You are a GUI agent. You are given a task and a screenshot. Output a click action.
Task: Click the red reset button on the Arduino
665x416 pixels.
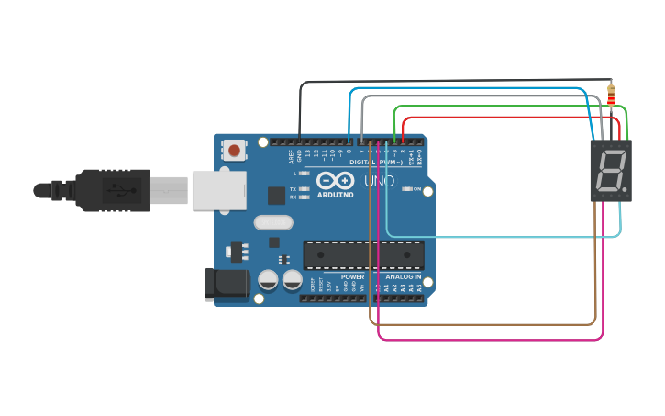tap(235, 150)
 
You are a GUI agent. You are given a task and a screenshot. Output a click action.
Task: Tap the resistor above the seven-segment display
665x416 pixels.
tap(612, 94)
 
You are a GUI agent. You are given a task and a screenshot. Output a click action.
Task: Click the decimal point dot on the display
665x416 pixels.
tap(625, 191)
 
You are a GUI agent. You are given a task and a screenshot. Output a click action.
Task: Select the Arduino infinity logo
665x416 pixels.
tap(335, 181)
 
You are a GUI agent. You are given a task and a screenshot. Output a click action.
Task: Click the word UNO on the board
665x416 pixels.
tap(380, 181)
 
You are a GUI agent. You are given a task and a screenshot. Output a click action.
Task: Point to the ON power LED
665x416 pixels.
tap(406, 188)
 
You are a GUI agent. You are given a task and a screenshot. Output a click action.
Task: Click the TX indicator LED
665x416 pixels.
tap(305, 188)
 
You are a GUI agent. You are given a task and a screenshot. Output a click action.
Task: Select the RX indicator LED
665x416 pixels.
tap(305, 197)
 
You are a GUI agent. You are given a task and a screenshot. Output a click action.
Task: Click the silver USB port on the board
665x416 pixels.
tap(219, 190)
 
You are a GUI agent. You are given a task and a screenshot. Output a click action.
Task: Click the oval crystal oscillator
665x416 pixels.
tap(272, 221)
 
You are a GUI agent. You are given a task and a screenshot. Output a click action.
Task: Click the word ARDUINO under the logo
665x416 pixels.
tap(335, 195)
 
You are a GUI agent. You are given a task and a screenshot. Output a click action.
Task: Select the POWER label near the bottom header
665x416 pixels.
tap(352, 276)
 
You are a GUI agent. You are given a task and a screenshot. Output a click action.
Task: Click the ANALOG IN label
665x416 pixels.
tap(404, 276)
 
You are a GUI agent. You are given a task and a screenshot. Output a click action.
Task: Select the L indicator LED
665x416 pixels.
tap(305, 173)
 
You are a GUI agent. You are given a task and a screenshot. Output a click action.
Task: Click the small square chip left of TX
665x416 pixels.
tap(276, 195)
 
